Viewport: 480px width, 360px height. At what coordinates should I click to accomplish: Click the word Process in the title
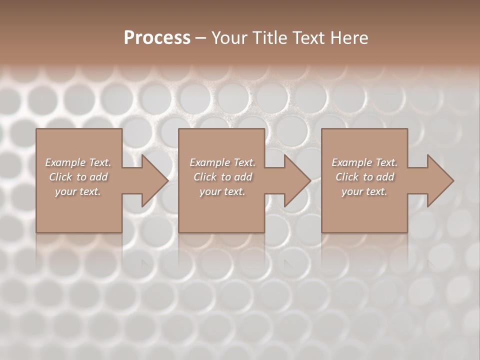click(157, 37)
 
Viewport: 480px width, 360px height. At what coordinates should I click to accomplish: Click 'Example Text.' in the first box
click(78, 162)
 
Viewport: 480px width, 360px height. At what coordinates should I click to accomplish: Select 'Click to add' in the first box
click(78, 177)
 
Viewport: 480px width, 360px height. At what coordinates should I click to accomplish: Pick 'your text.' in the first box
click(78, 191)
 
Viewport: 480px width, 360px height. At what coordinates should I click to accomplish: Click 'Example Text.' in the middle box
click(222, 162)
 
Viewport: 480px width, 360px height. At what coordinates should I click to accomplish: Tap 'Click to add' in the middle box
click(222, 177)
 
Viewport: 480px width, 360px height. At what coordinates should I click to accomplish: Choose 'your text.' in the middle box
click(222, 191)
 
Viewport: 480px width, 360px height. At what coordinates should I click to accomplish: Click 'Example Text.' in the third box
click(364, 162)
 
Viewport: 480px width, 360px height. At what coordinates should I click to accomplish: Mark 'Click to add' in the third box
click(365, 177)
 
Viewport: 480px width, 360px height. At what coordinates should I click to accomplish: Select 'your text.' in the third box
click(364, 191)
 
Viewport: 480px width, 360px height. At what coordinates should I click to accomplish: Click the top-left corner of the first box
click(36, 129)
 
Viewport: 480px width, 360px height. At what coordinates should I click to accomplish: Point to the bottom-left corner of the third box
click(322, 232)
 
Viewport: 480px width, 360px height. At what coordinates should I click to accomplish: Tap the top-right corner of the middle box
click(264, 129)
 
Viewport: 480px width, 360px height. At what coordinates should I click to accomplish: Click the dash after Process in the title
click(200, 38)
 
